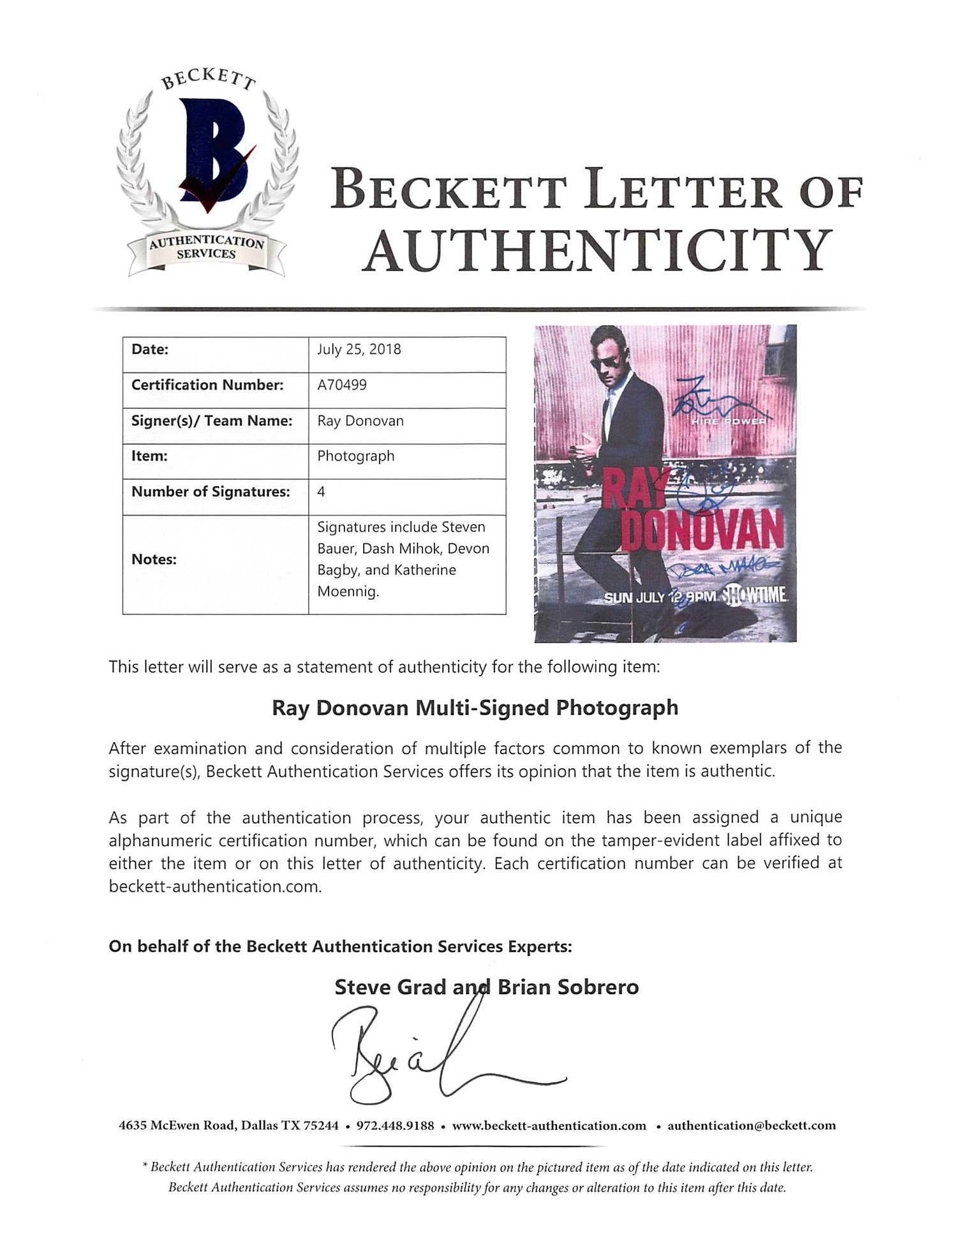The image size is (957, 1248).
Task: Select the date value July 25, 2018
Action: [359, 350]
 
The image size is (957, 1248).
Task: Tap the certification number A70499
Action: [342, 385]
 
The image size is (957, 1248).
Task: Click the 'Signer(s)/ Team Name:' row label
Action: [212, 421]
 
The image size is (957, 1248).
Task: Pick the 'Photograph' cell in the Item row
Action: [356, 456]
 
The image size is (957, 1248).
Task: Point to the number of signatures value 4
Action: [321, 491]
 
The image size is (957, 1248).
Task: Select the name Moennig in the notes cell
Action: [348, 591]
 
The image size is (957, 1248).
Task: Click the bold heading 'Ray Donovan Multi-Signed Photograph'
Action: [475, 708]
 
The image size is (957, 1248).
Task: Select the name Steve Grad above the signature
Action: [390, 988]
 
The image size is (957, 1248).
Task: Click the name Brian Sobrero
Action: [568, 988]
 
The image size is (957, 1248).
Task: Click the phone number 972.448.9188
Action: [395, 1126]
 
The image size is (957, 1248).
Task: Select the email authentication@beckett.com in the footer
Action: [751, 1126]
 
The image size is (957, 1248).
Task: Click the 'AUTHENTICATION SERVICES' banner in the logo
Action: [206, 248]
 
